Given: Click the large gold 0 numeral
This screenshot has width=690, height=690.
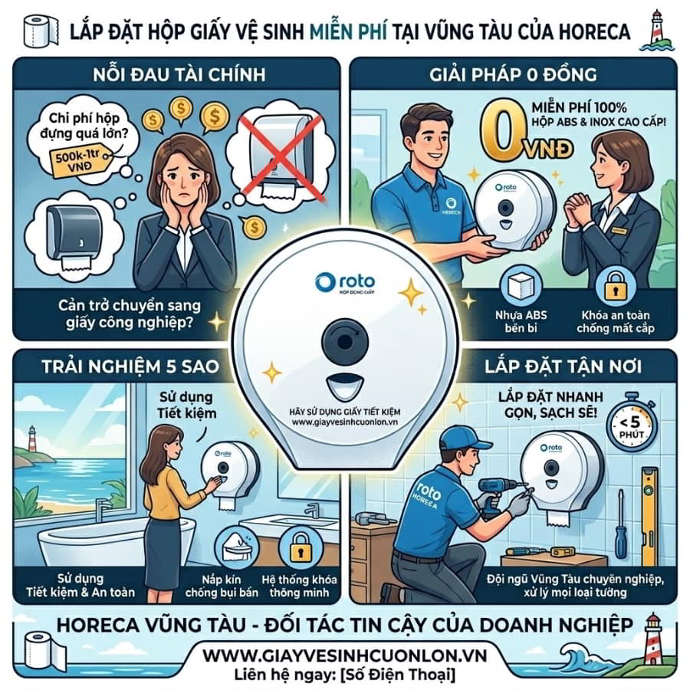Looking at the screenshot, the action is (x=504, y=130).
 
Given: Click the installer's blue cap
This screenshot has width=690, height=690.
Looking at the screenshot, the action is (x=462, y=439).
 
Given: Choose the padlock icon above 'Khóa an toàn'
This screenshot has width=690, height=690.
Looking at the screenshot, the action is (x=616, y=286).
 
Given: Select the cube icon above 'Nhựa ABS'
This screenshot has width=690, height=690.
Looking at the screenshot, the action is (x=521, y=286).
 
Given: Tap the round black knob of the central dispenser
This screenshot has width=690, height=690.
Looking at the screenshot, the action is (x=344, y=341).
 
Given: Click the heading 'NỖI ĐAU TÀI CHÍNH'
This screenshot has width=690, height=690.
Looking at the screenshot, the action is (x=179, y=74).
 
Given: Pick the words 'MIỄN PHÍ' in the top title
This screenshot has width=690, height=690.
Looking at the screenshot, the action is (x=349, y=31).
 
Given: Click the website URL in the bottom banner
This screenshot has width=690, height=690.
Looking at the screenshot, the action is (x=344, y=655).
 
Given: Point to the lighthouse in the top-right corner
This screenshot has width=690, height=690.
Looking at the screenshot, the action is (x=656, y=30).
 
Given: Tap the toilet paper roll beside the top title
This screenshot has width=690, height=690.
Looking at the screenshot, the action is (x=41, y=31).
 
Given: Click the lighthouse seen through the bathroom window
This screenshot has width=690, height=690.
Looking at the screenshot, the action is (x=31, y=439).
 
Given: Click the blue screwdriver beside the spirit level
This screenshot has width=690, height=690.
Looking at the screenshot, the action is (x=620, y=528).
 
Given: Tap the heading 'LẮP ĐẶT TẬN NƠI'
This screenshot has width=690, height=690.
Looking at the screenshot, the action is (x=563, y=366).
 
